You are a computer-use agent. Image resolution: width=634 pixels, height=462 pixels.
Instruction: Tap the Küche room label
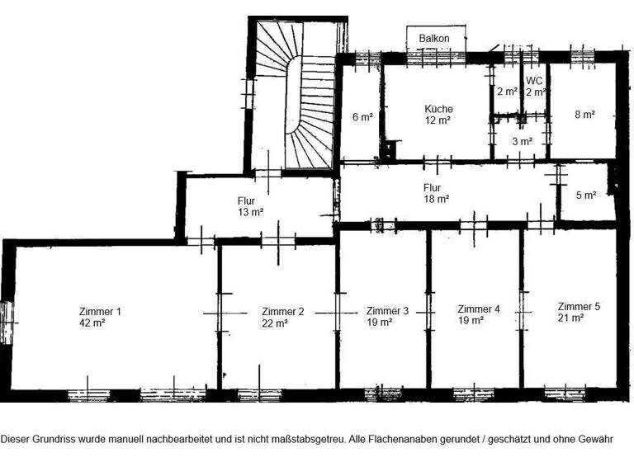click(438, 108)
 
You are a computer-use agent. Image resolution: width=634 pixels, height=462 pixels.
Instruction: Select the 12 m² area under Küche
click(438, 120)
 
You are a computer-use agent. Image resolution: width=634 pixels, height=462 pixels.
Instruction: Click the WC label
click(535, 81)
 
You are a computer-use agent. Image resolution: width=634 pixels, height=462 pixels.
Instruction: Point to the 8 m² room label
click(584, 115)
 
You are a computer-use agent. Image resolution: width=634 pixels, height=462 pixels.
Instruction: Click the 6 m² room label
click(363, 116)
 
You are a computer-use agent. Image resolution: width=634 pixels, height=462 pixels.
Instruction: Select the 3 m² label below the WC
click(521, 141)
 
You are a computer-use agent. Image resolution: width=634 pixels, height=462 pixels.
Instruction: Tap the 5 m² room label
click(585, 196)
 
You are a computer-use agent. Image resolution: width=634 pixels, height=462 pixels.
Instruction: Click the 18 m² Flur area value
click(437, 199)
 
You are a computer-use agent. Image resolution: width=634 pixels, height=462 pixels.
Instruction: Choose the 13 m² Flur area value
click(250, 212)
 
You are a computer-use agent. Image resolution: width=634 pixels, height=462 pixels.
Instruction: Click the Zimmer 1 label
click(100, 311)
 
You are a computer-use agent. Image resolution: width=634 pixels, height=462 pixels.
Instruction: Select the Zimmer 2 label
click(283, 311)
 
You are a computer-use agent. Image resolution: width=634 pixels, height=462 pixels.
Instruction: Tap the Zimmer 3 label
click(387, 311)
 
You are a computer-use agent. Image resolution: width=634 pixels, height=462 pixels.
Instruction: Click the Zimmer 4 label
click(479, 309)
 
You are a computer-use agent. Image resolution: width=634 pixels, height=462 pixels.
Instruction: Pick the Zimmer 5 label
click(578, 306)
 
